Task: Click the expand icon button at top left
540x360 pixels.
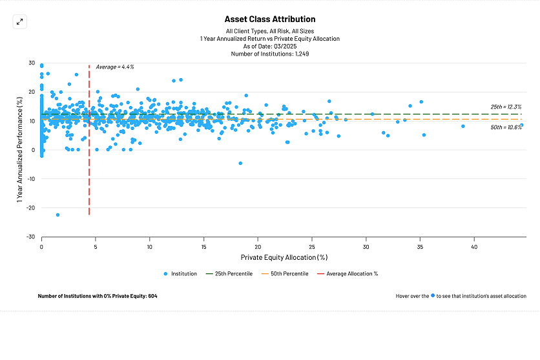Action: (19, 21)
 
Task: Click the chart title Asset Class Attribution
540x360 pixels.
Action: (270, 19)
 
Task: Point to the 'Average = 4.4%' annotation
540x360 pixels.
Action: (115, 67)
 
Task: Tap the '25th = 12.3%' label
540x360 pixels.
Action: (506, 107)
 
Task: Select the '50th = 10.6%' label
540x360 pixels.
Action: (506, 127)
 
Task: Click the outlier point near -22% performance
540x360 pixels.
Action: (57, 215)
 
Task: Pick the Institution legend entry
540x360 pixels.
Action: (180, 273)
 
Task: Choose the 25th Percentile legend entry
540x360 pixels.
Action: (229, 273)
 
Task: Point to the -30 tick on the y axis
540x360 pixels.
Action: (31, 237)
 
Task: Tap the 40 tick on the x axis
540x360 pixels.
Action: (473, 246)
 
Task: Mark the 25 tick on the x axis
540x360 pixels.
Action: (312, 246)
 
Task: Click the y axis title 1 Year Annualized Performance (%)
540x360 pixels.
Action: (21, 150)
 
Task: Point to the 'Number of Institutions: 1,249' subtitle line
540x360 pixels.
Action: (270, 54)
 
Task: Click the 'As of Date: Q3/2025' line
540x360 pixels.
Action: (270, 46)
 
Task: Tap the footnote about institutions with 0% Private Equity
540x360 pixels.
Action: (98, 296)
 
